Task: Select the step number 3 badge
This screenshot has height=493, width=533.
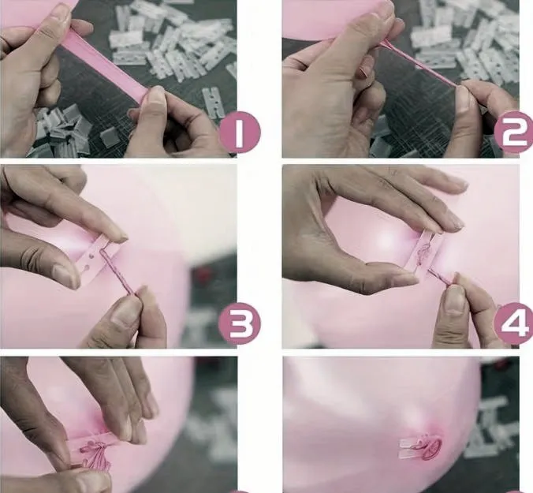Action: [240, 323]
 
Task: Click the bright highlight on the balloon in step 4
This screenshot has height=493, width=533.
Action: [387, 240]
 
